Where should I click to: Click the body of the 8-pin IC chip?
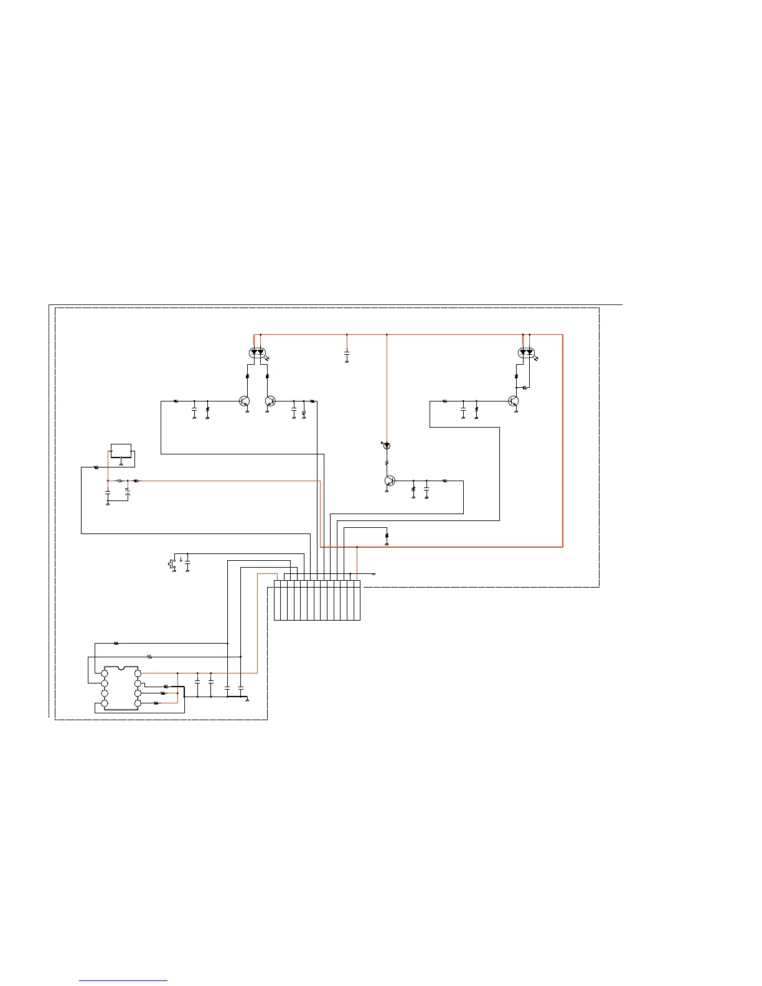tap(121, 688)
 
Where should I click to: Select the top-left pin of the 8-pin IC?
tap(105, 674)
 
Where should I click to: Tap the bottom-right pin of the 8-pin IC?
tap(138, 703)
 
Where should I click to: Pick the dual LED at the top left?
tap(257, 352)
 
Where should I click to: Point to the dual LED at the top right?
tap(527, 352)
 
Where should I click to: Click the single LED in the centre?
tap(387, 446)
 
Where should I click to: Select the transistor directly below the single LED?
tap(389, 481)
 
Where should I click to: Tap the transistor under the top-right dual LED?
tap(514, 401)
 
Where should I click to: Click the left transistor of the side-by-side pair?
tap(245, 401)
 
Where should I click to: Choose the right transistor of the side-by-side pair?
tap(270, 401)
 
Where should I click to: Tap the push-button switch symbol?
tap(171, 564)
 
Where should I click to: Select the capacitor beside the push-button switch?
tap(187, 564)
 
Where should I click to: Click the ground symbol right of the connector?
tap(373, 574)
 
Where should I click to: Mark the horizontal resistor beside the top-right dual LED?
tap(525, 388)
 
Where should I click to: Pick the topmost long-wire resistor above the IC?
tap(116, 643)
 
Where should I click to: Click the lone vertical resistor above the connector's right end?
tap(387, 535)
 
